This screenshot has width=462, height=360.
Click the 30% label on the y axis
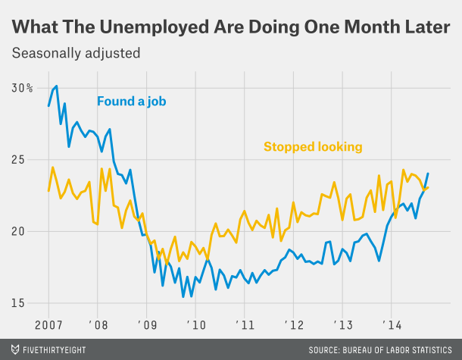coord(22,88)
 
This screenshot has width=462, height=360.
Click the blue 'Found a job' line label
coord(131,101)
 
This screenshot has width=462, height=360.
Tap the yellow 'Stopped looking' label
coord(312,146)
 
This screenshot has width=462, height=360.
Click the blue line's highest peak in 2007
coord(57,86)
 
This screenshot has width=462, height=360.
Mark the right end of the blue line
coord(428,174)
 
